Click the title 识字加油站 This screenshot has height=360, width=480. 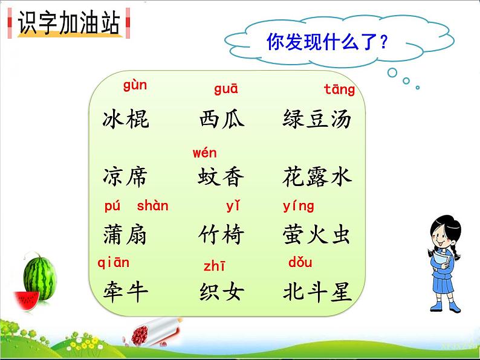pyautogui.click(x=69, y=25)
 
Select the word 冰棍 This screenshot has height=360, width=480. pyautogui.click(x=126, y=119)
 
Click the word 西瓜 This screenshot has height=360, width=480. pyautogui.click(x=222, y=119)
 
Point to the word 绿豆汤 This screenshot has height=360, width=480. pyautogui.click(x=317, y=119)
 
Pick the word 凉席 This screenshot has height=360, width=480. pyautogui.click(x=126, y=177)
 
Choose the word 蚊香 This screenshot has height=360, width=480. pyautogui.click(x=222, y=177)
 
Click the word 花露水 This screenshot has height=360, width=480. pyautogui.click(x=317, y=177)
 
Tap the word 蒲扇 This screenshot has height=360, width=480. pyautogui.click(x=126, y=235)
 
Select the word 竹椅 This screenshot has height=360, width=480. pyautogui.click(x=222, y=235)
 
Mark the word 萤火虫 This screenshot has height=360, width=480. pyautogui.click(x=317, y=235)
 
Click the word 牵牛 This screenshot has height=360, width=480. pyautogui.click(x=126, y=292)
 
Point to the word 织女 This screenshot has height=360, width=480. pyautogui.click(x=222, y=292)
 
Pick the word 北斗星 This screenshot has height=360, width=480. pyautogui.click(x=317, y=292)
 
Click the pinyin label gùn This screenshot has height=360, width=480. pyautogui.click(x=135, y=85)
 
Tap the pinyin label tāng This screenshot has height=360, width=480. pyautogui.click(x=339, y=90)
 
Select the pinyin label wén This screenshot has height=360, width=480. pyautogui.click(x=204, y=153)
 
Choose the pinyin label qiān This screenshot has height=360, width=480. pyautogui.click(x=114, y=262)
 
